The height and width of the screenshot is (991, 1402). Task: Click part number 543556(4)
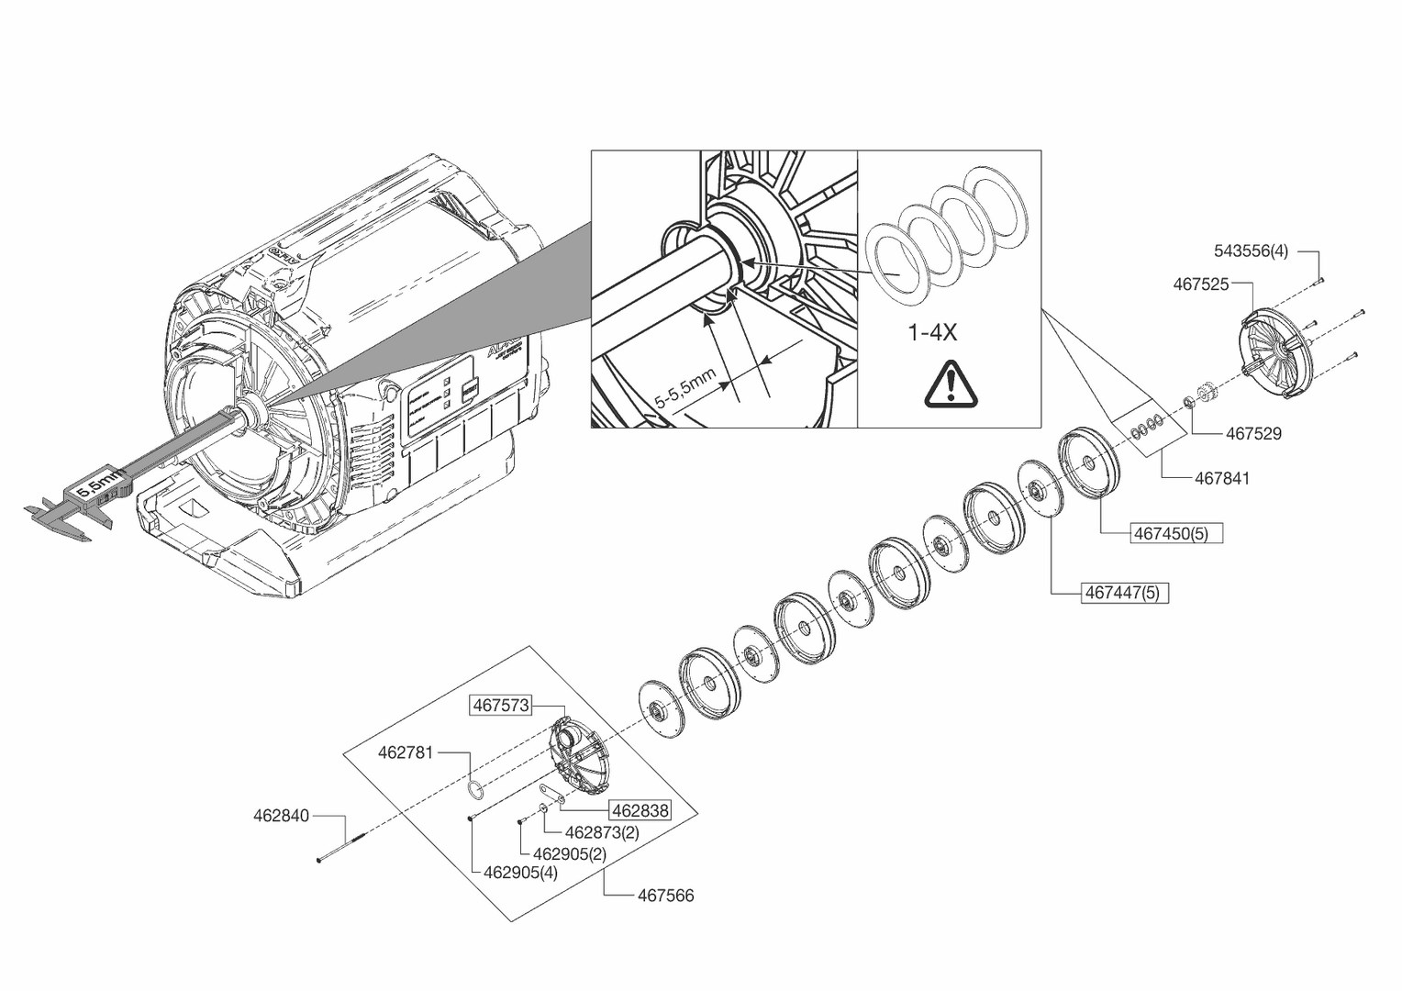pyautogui.click(x=1251, y=251)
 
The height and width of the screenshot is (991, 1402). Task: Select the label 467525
pyautogui.click(x=1200, y=284)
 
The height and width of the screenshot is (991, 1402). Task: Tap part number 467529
pyautogui.click(x=1253, y=433)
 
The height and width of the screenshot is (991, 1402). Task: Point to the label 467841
pyautogui.click(x=1221, y=478)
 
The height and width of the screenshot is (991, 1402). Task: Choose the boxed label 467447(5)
pyautogui.click(x=1122, y=593)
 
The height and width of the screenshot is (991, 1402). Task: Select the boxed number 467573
pyautogui.click(x=500, y=705)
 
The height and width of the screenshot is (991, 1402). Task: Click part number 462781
pyautogui.click(x=406, y=752)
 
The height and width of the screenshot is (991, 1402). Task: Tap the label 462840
pyautogui.click(x=281, y=815)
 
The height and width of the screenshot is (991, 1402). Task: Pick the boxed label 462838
pyautogui.click(x=640, y=810)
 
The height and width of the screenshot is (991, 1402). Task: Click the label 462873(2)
pyautogui.click(x=602, y=832)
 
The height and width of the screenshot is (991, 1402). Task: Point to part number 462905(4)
pyautogui.click(x=520, y=873)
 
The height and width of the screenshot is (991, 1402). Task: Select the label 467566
pyautogui.click(x=665, y=896)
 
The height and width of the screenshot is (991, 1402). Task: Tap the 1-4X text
pyautogui.click(x=932, y=332)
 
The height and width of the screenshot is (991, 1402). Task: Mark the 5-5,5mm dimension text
pyautogui.click(x=684, y=389)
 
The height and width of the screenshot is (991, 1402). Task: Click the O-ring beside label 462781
pyautogui.click(x=474, y=790)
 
